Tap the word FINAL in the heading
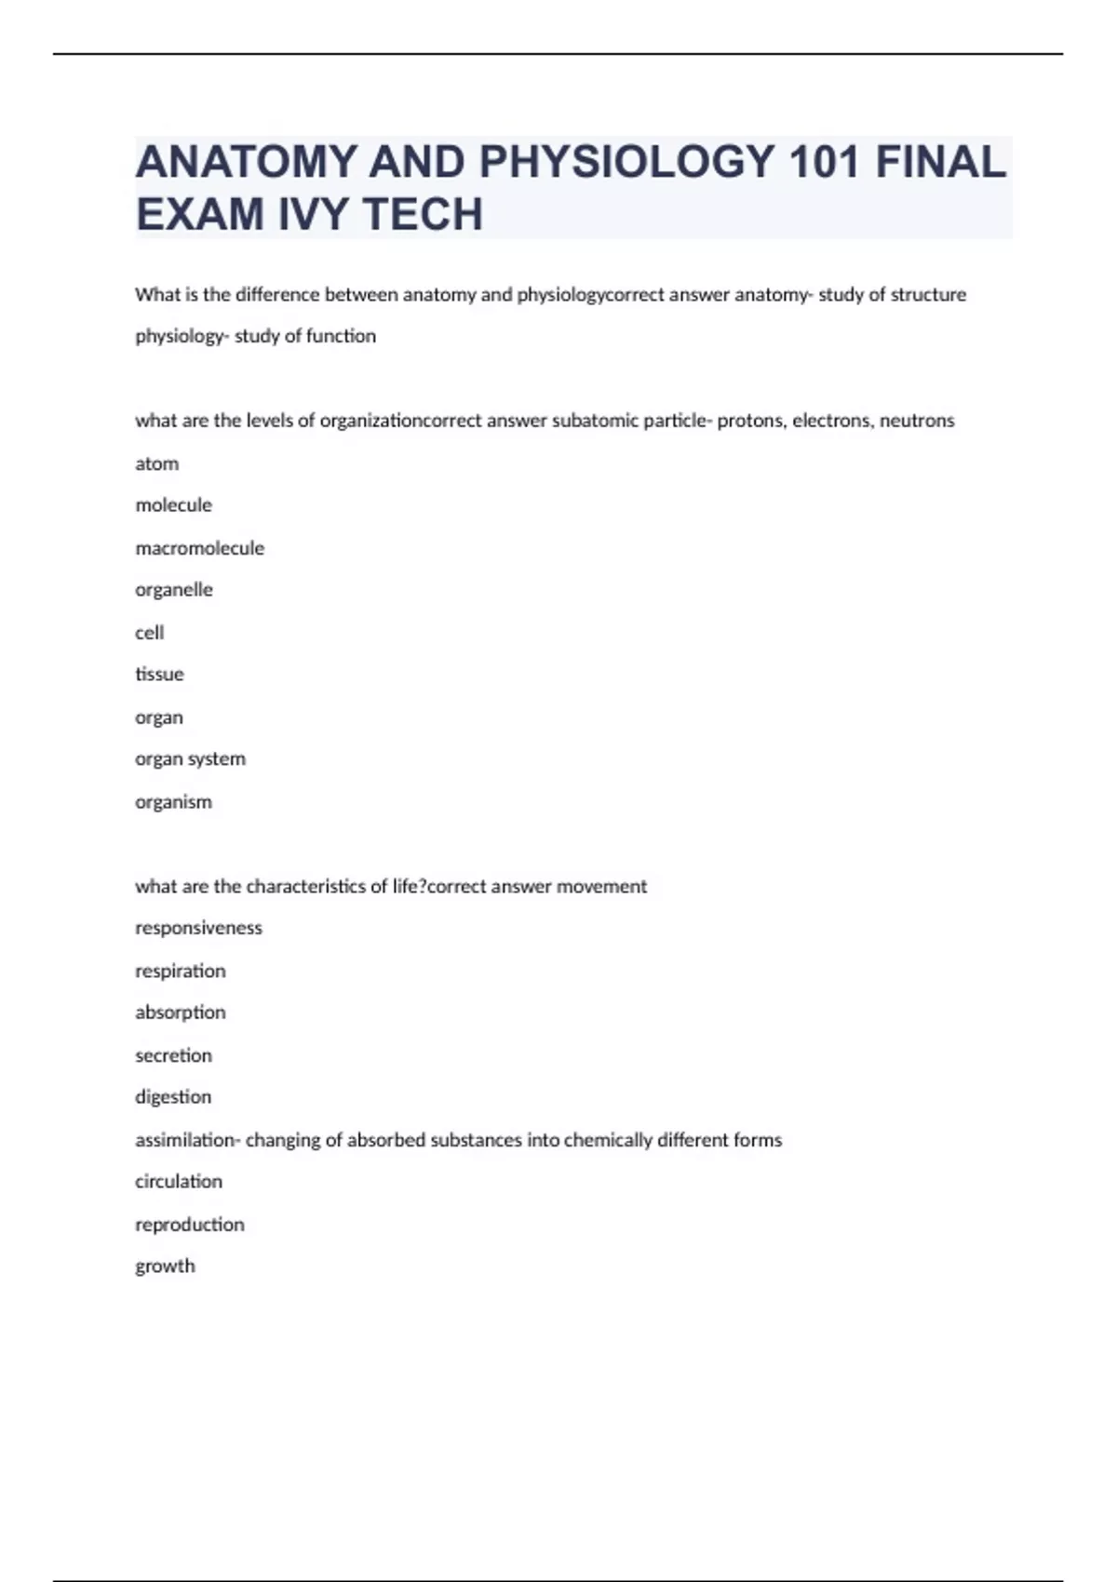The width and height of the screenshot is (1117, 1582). tap(941, 162)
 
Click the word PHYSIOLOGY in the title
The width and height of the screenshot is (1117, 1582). tap(626, 162)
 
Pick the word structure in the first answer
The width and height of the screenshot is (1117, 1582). tap(928, 295)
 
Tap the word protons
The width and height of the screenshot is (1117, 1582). tap(752, 421)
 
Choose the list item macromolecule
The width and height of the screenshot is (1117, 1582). tap(199, 548)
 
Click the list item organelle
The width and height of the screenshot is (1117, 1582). tap(174, 590)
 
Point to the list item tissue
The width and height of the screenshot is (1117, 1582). tap(159, 675)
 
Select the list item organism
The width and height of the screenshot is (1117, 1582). tap(173, 802)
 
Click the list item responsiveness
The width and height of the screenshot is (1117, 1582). tap(198, 928)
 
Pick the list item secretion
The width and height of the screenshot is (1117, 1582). tap(173, 1055)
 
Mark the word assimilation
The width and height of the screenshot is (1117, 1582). tap(185, 1140)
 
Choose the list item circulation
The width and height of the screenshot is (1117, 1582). tap(179, 1182)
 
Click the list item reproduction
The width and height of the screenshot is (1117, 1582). tap(190, 1225)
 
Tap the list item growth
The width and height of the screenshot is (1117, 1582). tap(165, 1267)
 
